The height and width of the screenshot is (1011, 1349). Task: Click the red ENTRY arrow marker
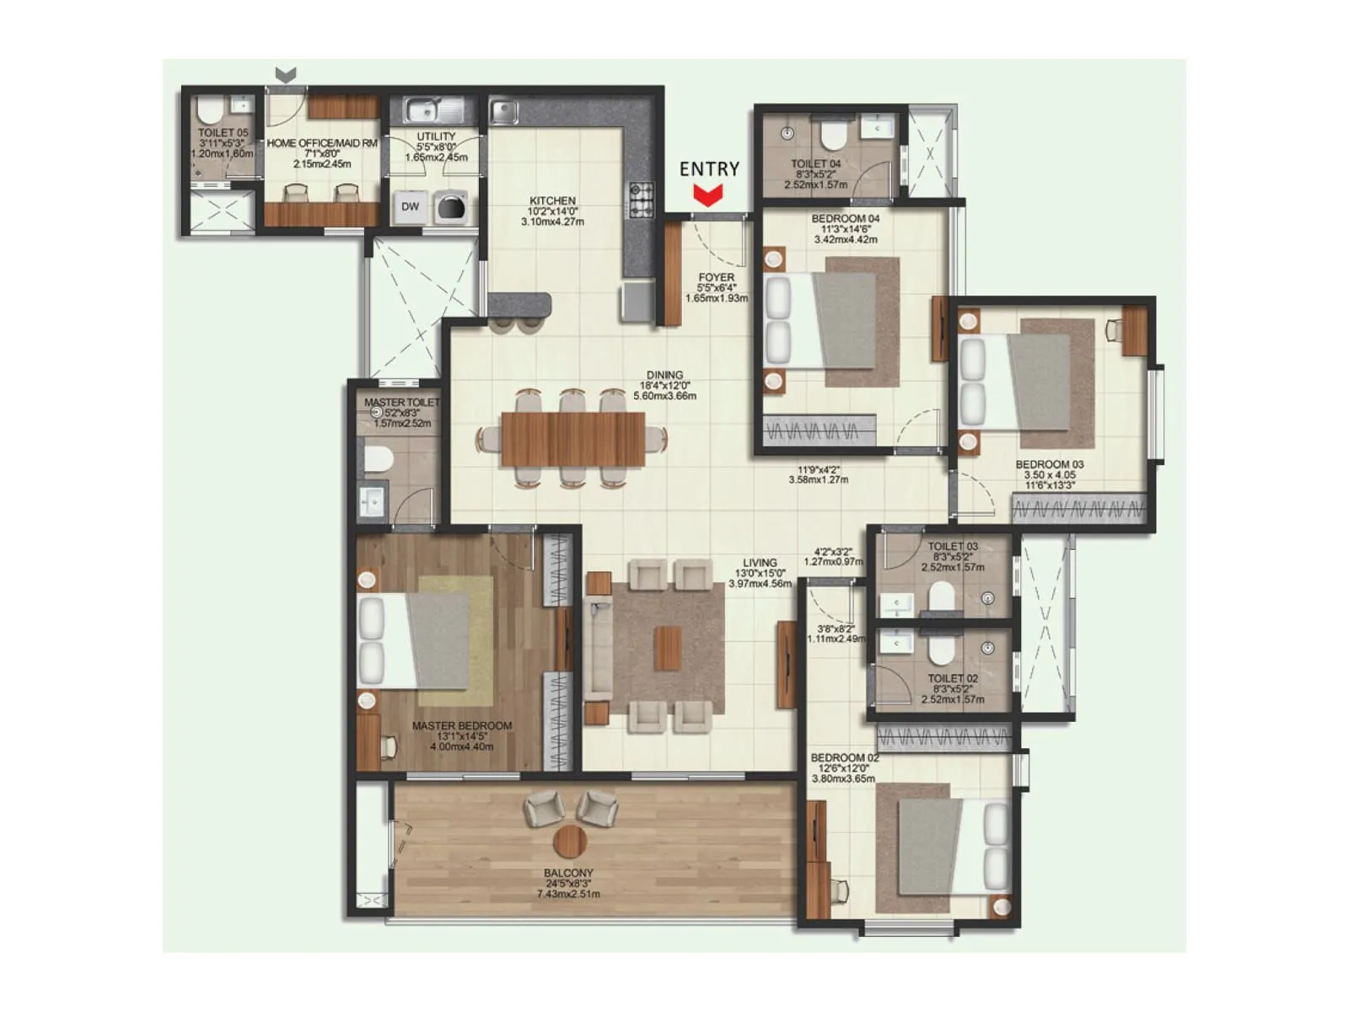click(x=708, y=196)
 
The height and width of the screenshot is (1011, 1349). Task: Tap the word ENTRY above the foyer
click(x=709, y=169)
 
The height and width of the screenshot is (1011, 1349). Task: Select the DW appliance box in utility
click(x=411, y=206)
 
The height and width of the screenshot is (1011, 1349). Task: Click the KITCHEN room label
click(x=552, y=201)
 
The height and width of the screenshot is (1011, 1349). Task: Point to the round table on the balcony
click(x=571, y=840)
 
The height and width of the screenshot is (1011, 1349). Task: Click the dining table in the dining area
click(x=572, y=439)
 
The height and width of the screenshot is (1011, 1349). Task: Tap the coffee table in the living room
click(x=668, y=648)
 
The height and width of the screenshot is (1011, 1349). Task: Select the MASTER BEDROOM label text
click(x=461, y=725)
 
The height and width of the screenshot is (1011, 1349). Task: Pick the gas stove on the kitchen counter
click(x=642, y=199)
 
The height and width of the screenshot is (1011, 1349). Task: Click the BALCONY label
click(x=568, y=873)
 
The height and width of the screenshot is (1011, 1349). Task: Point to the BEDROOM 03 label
click(x=1049, y=464)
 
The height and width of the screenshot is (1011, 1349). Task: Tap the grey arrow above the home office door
click(x=286, y=75)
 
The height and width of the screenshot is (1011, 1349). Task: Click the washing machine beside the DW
click(x=451, y=206)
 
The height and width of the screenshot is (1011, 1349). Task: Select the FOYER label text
click(x=716, y=277)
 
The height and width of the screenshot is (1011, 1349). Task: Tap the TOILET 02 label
click(x=953, y=678)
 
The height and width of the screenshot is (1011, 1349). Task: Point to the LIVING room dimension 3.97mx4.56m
click(x=760, y=583)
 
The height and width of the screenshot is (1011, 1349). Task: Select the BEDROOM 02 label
click(x=844, y=757)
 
